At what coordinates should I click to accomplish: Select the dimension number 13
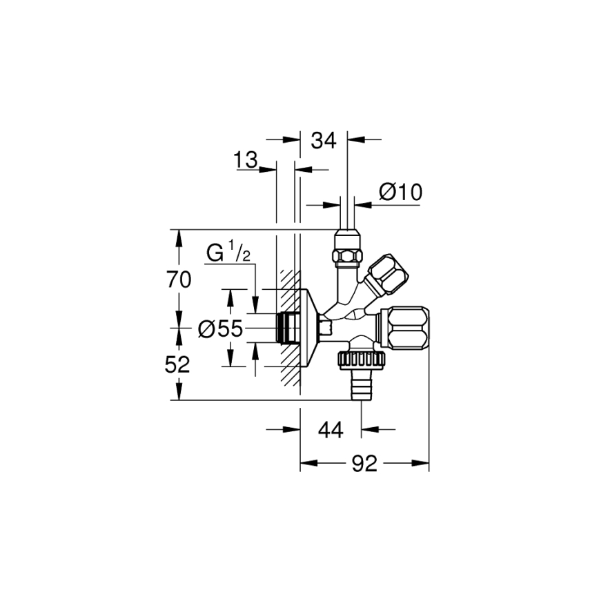tap(245, 160)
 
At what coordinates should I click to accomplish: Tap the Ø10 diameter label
tap(400, 192)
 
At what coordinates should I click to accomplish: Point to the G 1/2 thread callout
tap(228, 253)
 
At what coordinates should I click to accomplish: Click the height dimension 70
tap(178, 279)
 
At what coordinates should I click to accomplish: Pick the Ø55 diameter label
tap(220, 330)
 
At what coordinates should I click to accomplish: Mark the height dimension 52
tap(178, 364)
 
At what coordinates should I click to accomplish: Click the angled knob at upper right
tap(386, 272)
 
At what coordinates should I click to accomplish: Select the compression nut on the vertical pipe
tap(347, 248)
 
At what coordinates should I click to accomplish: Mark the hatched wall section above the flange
tap(288, 282)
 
